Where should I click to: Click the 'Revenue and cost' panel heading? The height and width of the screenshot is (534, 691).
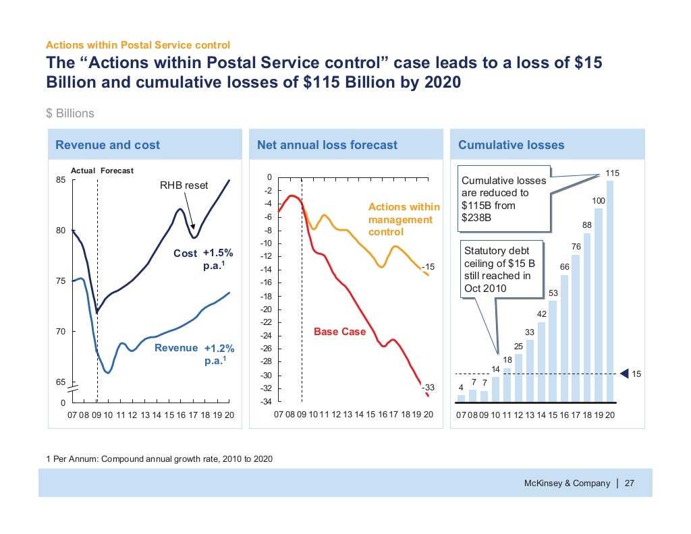point(107,145)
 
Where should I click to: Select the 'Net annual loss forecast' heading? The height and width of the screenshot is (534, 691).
point(327,145)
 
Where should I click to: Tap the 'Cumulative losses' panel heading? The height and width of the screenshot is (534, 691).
point(511,145)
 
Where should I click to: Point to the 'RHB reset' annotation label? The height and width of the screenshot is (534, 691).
point(184,185)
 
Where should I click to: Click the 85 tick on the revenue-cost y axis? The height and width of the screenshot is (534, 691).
point(60,180)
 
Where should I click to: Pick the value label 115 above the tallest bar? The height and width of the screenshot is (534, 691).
point(611,173)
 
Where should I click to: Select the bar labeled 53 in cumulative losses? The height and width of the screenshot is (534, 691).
point(553,351)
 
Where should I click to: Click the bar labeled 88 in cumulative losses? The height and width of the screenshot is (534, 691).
point(587,317)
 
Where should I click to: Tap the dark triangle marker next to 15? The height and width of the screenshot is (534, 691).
point(624,374)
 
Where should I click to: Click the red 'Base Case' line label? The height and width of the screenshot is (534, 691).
point(340,332)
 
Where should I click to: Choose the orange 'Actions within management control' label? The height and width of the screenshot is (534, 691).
point(404,219)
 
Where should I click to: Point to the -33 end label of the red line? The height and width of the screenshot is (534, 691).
point(428,388)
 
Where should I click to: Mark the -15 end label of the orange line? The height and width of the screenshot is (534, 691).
point(428,268)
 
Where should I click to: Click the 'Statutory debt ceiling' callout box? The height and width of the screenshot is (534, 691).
point(502,270)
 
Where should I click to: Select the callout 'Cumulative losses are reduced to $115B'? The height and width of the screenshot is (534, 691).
point(503,199)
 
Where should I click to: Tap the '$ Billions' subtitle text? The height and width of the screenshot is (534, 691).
point(70,113)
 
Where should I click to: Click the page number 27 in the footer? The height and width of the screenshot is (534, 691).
point(629,483)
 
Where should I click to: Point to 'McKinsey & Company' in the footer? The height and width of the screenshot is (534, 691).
point(567,483)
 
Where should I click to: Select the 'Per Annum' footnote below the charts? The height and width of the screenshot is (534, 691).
point(160,459)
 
